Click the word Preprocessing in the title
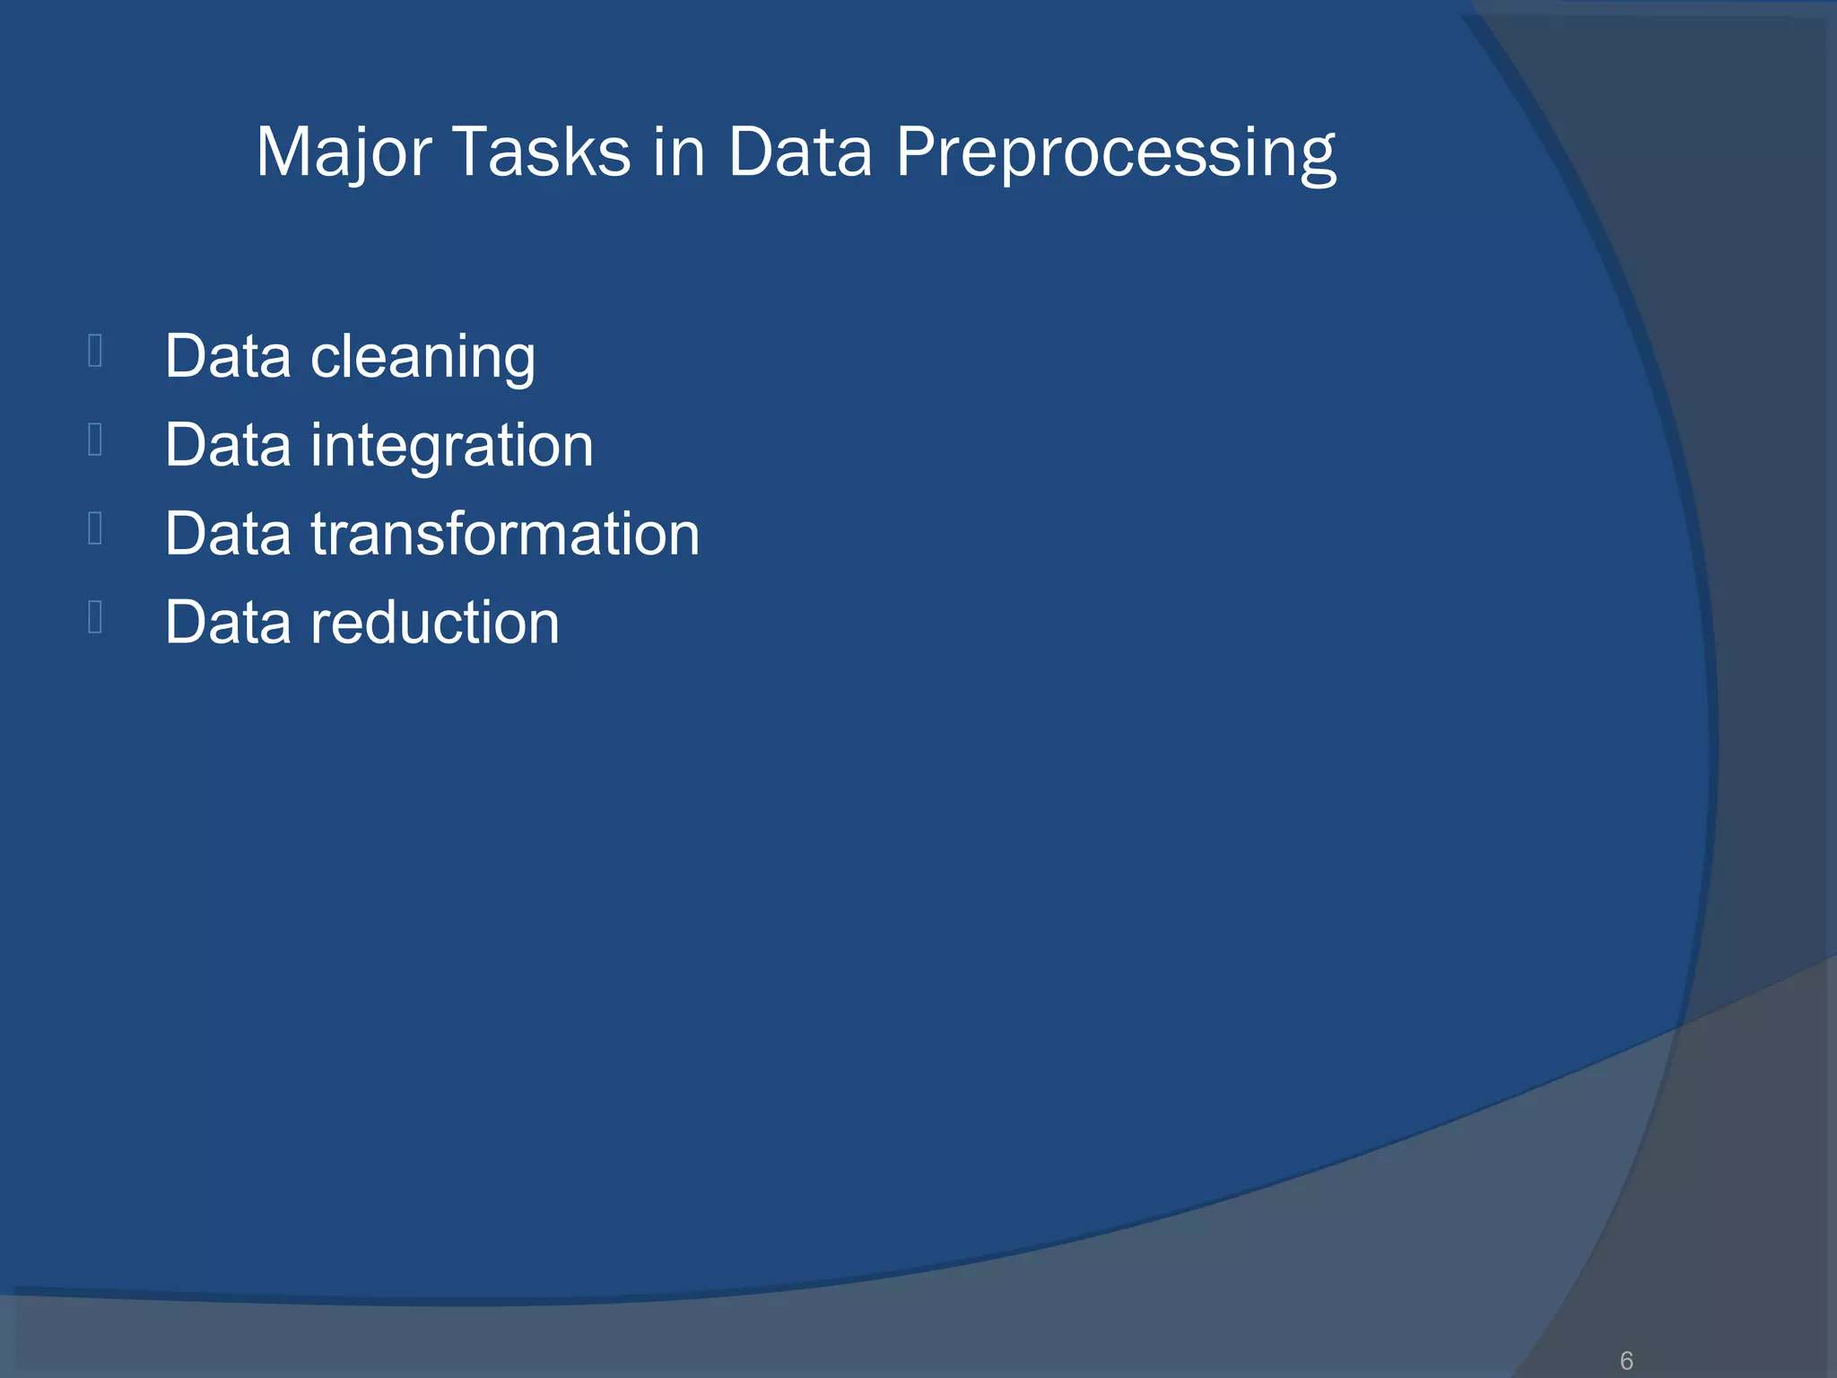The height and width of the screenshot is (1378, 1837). pos(1116,153)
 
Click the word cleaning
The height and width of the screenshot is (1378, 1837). pos(422,357)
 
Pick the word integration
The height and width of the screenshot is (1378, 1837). pos(452,446)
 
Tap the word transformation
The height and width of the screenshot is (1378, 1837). pos(505,534)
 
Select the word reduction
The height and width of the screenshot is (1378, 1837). pos(435,623)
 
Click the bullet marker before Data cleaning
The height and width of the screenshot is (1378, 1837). pos(95,351)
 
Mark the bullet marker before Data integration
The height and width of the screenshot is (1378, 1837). pos(95,440)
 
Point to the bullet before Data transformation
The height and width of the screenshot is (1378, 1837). pos(95,528)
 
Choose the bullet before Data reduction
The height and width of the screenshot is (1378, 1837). pos(95,616)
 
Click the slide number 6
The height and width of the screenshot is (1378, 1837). pos(1626,1361)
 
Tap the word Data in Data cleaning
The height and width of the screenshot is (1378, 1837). pos(228,357)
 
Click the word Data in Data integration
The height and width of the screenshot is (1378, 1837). pos(228,446)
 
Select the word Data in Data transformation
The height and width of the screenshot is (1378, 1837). pos(228,534)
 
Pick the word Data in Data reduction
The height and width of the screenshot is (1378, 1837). pos(228,623)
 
